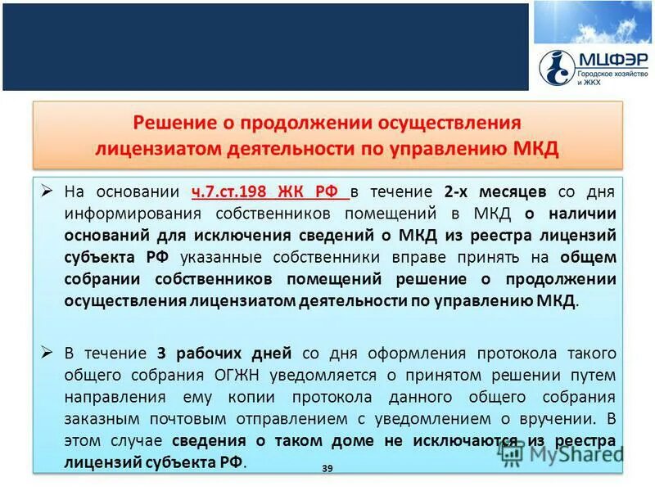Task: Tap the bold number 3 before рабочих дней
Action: pos(162,354)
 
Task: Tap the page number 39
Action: pos(327,467)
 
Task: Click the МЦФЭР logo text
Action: pos(612,59)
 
